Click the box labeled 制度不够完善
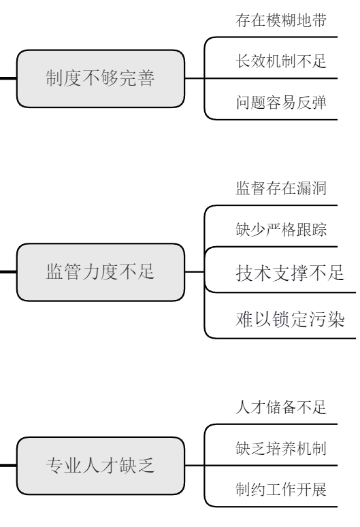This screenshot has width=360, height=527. (x=100, y=78)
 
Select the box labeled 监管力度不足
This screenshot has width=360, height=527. (x=100, y=273)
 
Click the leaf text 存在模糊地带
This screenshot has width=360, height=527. (x=279, y=20)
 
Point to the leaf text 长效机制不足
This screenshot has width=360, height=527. (x=279, y=61)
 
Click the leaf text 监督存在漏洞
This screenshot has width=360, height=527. (x=279, y=188)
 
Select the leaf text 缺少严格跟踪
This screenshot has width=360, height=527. (x=279, y=230)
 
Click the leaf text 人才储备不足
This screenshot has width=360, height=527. (x=279, y=407)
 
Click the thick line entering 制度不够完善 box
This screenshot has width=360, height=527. (x=8, y=78)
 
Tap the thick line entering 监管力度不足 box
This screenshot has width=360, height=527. (x=8, y=273)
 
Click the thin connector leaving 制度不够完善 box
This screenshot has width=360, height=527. (x=194, y=78)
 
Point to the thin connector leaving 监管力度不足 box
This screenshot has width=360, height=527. (x=194, y=273)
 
